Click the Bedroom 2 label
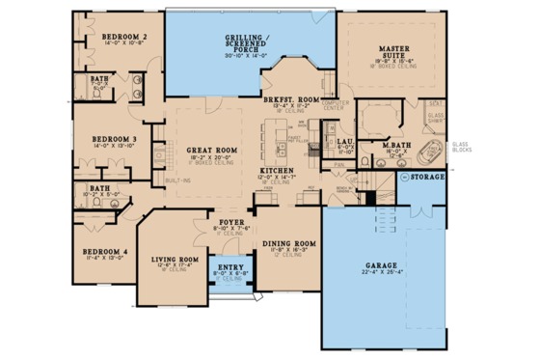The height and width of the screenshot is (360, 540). coord(123,36)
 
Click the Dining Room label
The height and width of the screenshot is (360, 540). coord(289,243)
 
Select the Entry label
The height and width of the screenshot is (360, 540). coord(230,266)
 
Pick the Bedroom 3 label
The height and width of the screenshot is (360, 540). coord(113,139)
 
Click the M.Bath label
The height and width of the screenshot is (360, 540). coord(396,145)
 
